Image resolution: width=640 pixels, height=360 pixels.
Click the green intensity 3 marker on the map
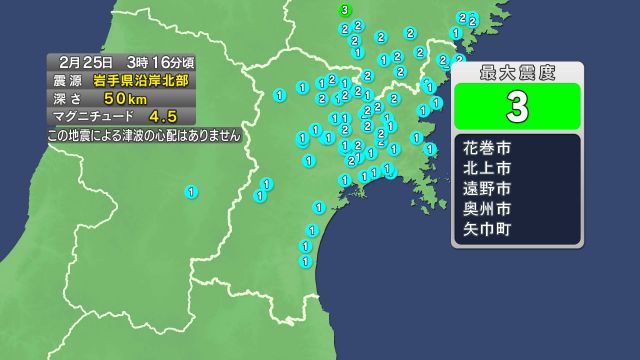pos(345,10)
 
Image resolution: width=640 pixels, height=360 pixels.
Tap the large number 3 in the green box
pos(517,105)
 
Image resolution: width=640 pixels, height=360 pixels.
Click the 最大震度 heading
pos(517,72)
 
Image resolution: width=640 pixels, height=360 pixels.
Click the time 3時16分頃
pos(160,62)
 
